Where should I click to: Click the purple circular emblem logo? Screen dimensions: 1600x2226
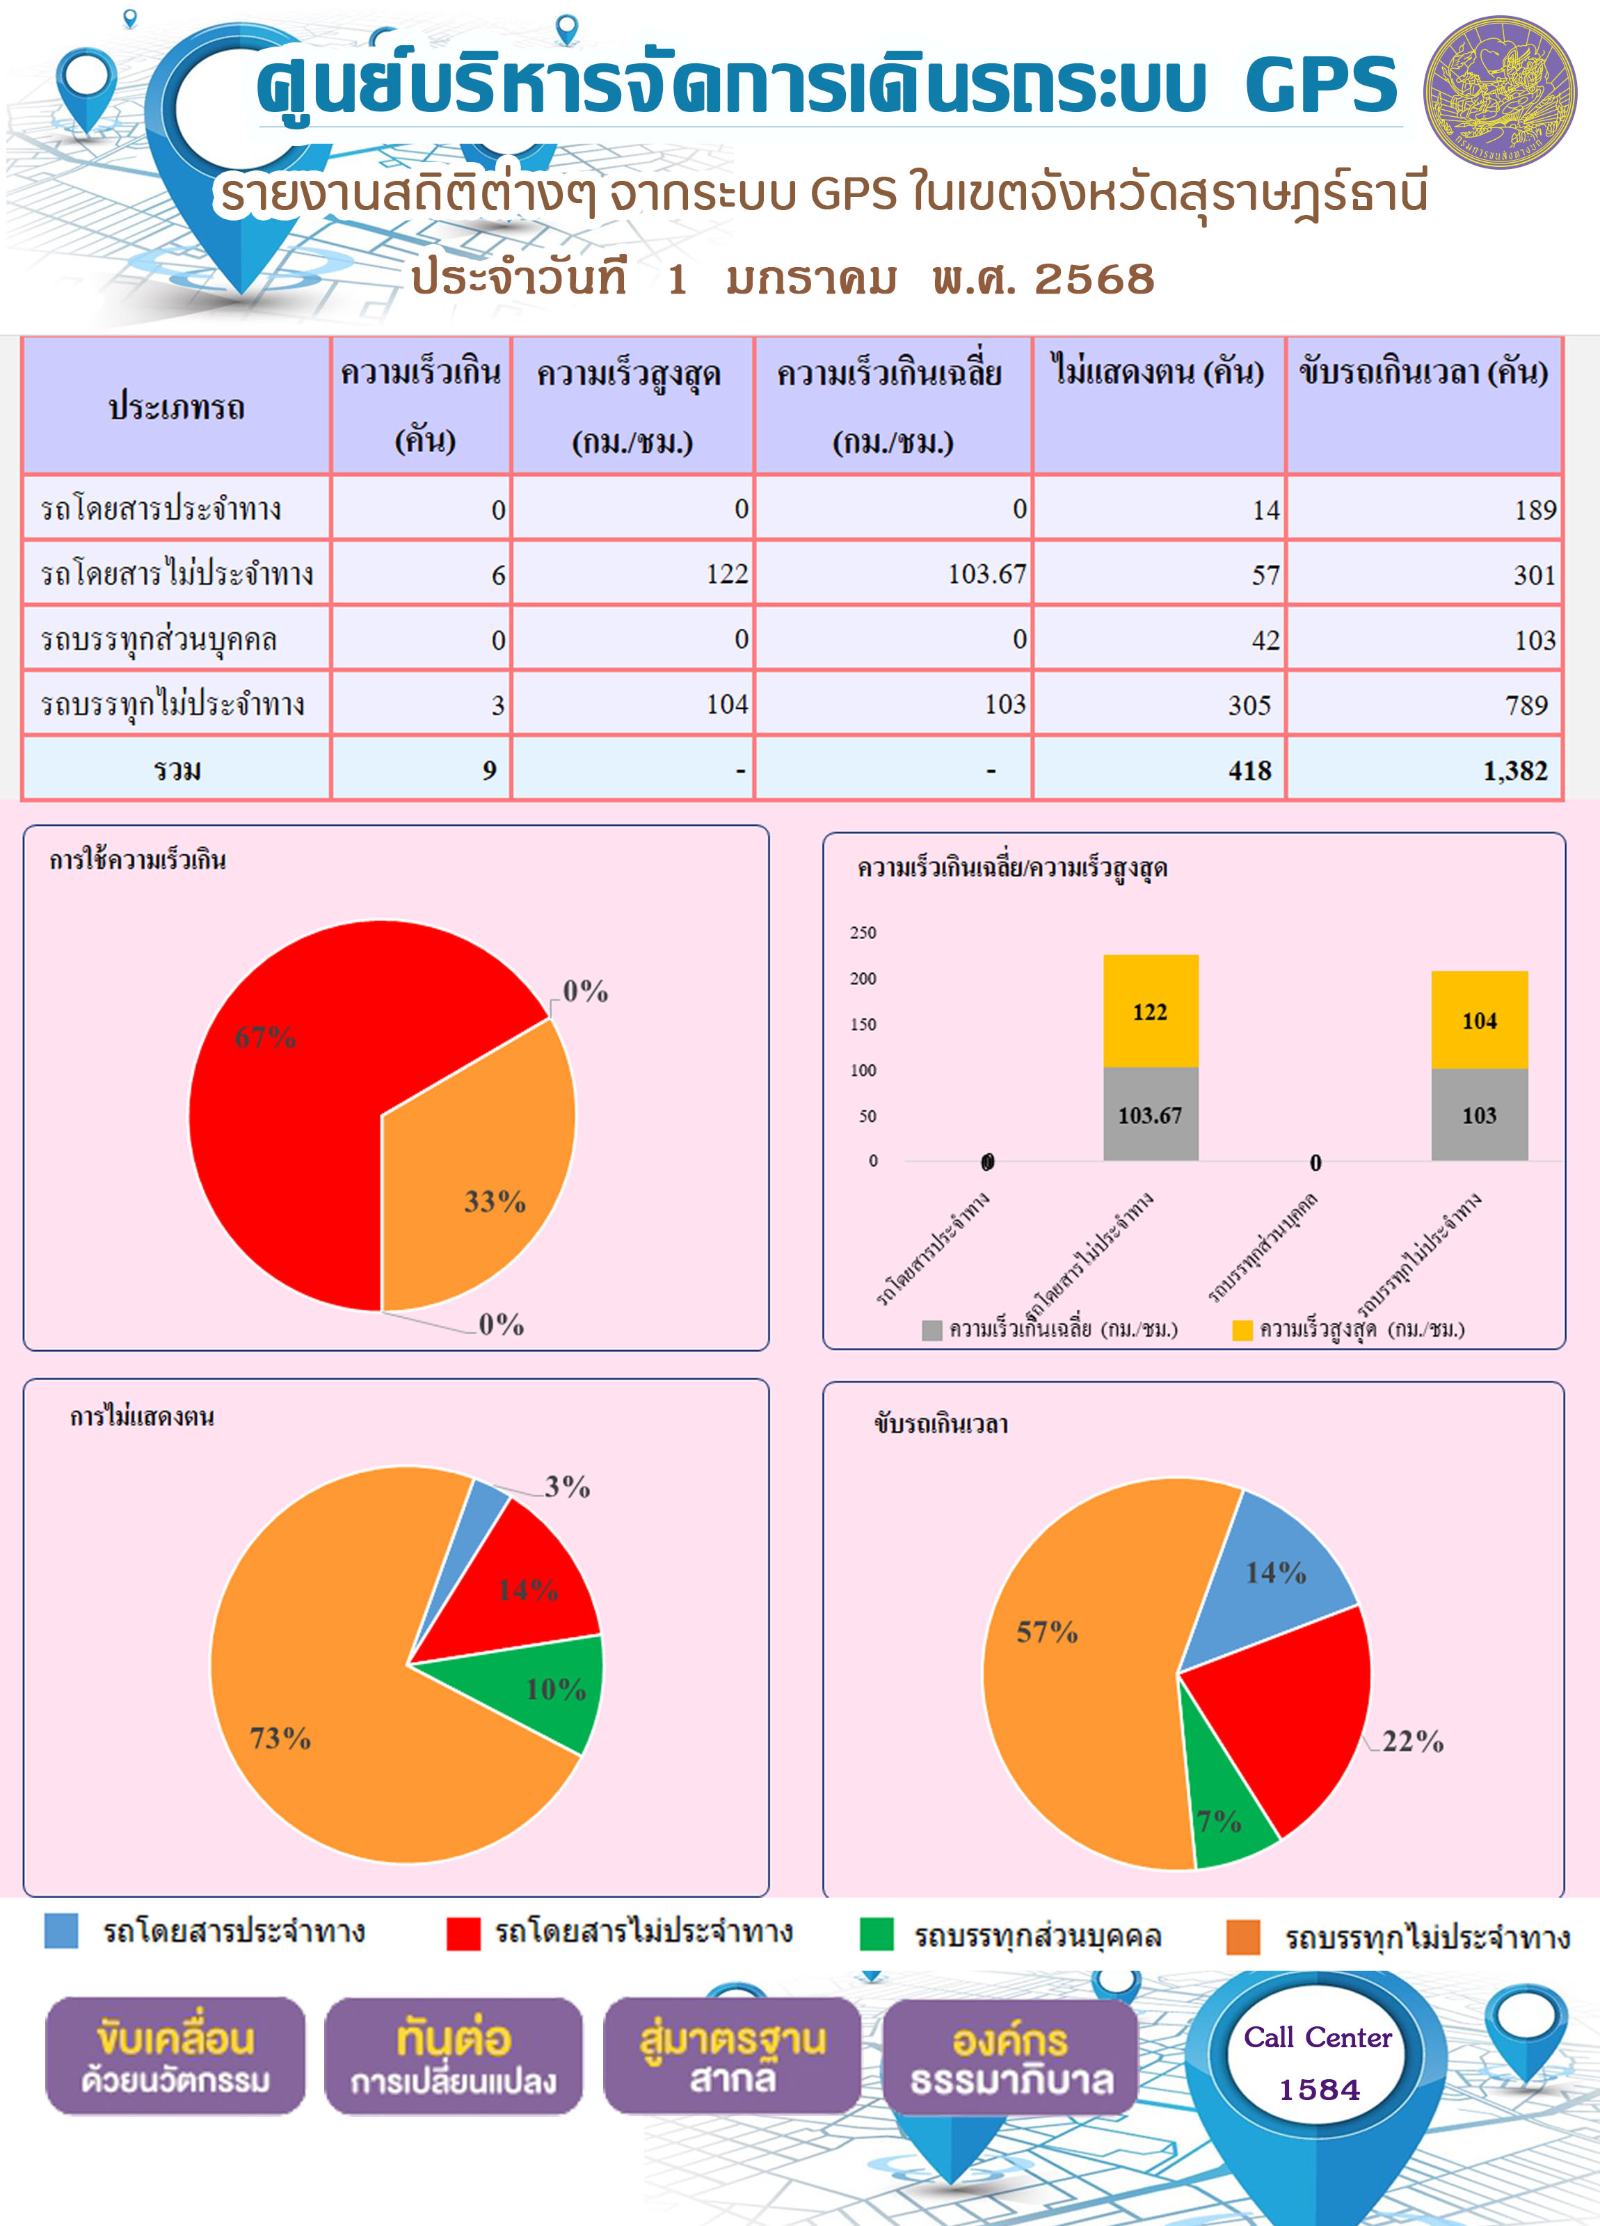pyautogui.click(x=1500, y=93)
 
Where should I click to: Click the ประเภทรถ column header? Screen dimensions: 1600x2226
pyautogui.click(x=177, y=406)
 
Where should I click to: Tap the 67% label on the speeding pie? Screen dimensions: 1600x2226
pyautogui.click(x=265, y=1036)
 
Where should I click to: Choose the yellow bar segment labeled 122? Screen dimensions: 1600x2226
pyautogui.click(x=1151, y=1011)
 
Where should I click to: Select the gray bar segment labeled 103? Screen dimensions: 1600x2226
pyautogui.click(x=1479, y=1115)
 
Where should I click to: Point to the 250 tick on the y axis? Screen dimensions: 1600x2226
pyautogui.click(x=863, y=932)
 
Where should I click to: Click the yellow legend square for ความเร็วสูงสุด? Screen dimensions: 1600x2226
pyautogui.click(x=1242, y=1330)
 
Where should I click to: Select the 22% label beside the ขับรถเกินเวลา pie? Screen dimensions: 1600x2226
pyautogui.click(x=1412, y=1742)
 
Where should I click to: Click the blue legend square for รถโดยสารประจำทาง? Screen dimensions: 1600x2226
pyautogui.click(x=61, y=1930)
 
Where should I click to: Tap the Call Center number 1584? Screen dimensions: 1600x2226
pyautogui.click(x=1319, y=2090)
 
